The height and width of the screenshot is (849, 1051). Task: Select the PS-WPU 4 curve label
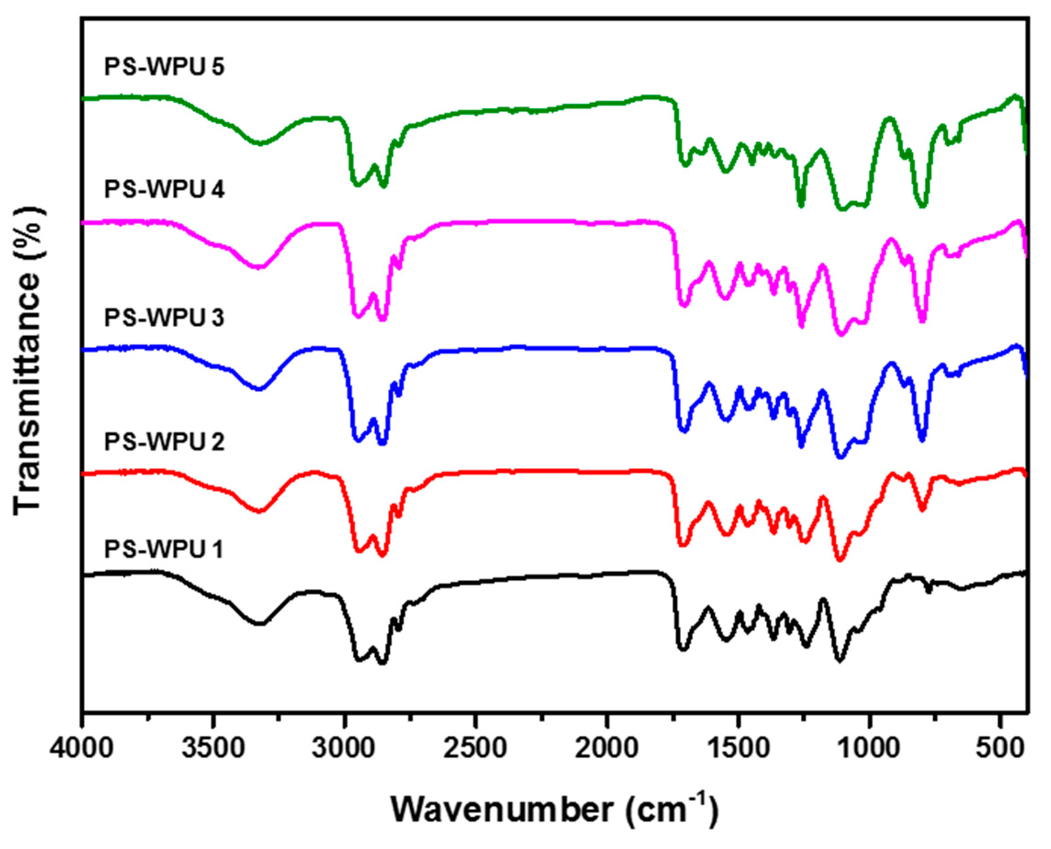coord(164,189)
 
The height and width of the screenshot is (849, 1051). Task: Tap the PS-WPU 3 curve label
coord(164,318)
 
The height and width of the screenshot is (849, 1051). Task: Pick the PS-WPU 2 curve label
coord(164,441)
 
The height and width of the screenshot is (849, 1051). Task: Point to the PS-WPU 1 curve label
coord(163,549)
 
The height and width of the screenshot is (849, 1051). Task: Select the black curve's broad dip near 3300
coord(260,624)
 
